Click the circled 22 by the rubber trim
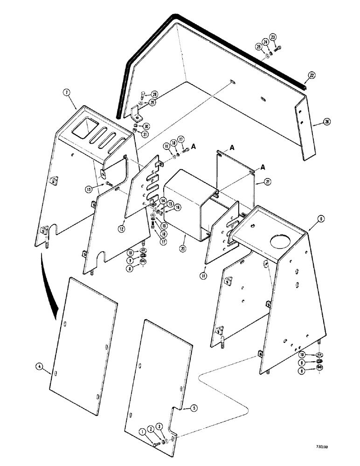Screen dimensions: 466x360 pos(311,75)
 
